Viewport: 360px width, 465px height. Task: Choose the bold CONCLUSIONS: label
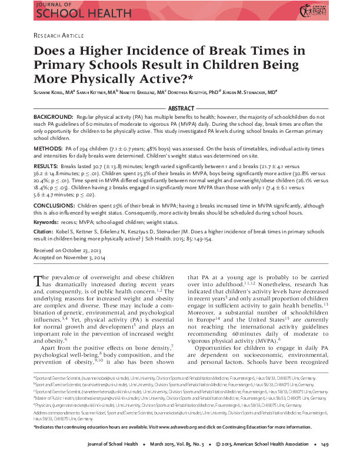pos(56,206)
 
